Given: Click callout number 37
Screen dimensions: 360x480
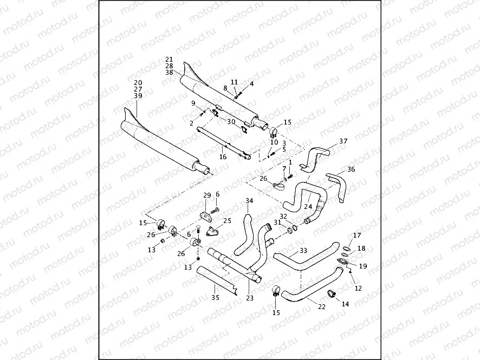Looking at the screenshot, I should click(x=343, y=141).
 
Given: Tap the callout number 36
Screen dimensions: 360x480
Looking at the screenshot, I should click(x=351, y=169).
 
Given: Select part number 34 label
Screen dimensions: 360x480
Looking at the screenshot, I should click(x=249, y=201).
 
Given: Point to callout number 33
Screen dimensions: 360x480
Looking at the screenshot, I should click(x=303, y=251).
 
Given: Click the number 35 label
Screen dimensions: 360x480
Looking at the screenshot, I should click(x=216, y=297).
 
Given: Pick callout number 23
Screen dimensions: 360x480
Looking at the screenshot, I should click(x=250, y=297).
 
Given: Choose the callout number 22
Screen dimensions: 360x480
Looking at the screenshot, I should click(x=321, y=307).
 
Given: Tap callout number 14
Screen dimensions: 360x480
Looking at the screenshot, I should click(x=346, y=304).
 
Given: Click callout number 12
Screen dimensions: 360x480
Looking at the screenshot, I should click(x=358, y=289).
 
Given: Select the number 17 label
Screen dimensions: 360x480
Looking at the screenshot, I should click(x=356, y=235).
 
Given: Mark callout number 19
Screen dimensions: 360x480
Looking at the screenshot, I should click(x=363, y=266).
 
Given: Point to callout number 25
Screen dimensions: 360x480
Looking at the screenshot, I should click(x=228, y=221).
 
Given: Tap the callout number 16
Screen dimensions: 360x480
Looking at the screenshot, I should click(x=222, y=156).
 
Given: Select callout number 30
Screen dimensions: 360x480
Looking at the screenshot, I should click(x=231, y=122).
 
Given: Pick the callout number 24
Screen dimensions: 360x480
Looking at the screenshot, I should click(x=308, y=206).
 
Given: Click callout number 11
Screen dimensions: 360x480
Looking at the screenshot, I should click(x=235, y=82).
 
